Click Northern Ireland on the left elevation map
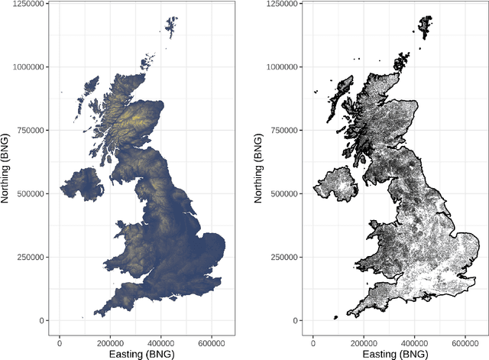(x=81, y=185)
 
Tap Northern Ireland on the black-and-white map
(x=335, y=185)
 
